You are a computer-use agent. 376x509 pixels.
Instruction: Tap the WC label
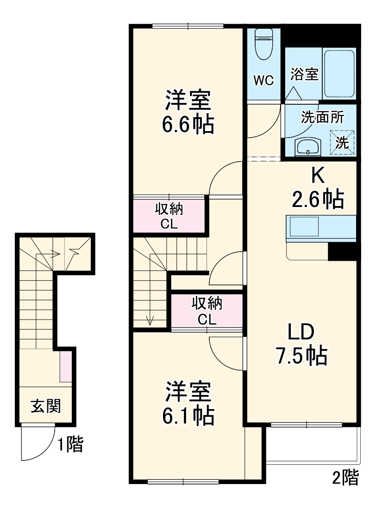point(263,80)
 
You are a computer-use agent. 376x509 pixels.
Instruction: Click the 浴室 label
point(305,75)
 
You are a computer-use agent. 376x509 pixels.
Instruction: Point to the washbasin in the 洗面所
point(307,148)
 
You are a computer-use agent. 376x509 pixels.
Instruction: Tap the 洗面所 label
point(322,117)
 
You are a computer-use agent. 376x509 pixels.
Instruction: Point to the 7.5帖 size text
point(301,356)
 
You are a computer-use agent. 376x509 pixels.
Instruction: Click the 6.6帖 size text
point(188,124)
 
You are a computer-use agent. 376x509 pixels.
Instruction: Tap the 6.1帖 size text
point(188,416)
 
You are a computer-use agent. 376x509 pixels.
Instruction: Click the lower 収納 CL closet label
point(207,311)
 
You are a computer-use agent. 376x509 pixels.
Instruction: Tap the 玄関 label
point(45,406)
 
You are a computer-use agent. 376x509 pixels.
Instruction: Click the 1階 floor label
point(70,445)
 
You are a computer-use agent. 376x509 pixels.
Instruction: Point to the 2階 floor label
point(345,478)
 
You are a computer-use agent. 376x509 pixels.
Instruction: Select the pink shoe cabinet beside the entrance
point(66,366)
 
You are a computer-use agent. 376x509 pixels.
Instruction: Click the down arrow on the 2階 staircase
point(150,320)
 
